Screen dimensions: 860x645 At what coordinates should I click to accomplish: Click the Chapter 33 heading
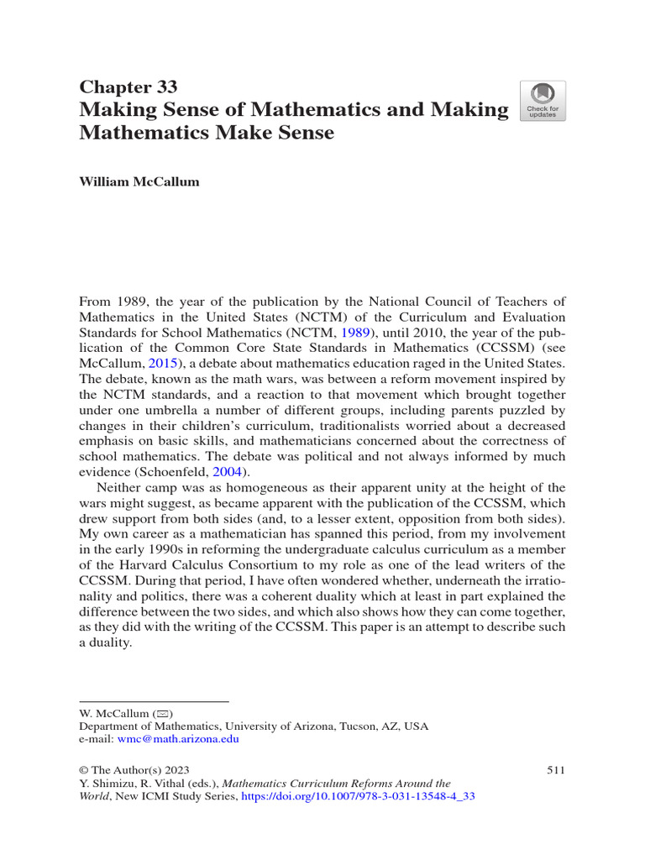click(x=128, y=87)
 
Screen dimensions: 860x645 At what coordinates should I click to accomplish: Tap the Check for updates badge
click(x=543, y=101)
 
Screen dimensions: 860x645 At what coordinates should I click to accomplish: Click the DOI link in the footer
click(x=358, y=796)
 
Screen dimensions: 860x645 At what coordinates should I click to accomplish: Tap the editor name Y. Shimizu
click(x=105, y=783)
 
